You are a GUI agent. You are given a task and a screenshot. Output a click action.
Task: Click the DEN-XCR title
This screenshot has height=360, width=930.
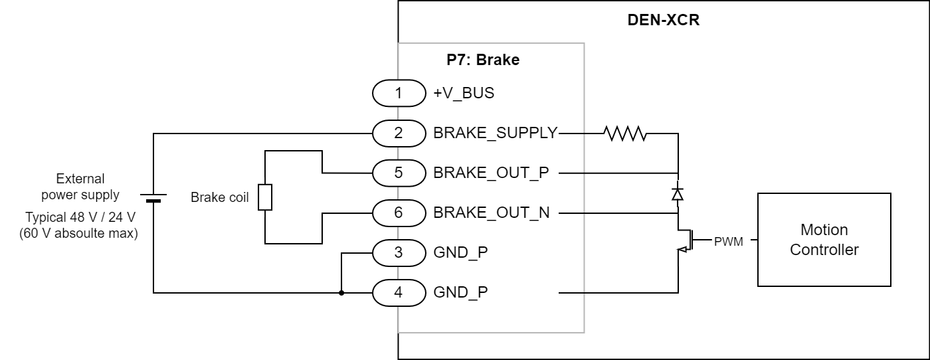pyautogui.click(x=663, y=19)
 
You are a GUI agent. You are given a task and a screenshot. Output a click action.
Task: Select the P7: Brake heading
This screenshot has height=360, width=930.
pyautogui.click(x=482, y=60)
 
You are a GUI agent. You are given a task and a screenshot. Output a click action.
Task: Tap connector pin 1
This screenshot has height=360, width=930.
pyautogui.click(x=399, y=93)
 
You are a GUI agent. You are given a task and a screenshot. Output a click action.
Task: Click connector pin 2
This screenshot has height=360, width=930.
pyautogui.click(x=399, y=133)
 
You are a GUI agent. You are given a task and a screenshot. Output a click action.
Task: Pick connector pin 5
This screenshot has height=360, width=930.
pyautogui.click(x=399, y=173)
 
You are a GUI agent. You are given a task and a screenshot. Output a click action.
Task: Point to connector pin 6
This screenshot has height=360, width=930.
pyautogui.click(x=399, y=213)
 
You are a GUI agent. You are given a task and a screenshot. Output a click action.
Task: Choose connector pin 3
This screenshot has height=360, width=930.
pyautogui.click(x=399, y=252)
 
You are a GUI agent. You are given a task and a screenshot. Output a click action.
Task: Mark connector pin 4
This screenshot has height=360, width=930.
pyautogui.click(x=399, y=292)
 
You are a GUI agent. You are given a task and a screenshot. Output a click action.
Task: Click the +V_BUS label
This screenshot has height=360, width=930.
pyautogui.click(x=464, y=93)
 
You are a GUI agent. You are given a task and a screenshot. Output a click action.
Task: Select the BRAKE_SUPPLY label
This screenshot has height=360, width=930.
pyautogui.click(x=495, y=133)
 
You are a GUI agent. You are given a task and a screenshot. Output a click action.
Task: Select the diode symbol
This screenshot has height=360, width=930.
pyautogui.click(x=678, y=193)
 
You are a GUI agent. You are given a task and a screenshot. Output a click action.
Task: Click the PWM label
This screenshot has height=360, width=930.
pyautogui.click(x=728, y=241)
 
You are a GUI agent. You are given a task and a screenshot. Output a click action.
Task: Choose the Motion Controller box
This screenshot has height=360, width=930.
pyautogui.click(x=824, y=240)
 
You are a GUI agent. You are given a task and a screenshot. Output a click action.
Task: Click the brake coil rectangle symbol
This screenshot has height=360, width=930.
pyautogui.click(x=265, y=197)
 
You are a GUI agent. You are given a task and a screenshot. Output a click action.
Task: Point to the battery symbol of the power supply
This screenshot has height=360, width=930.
pyautogui.click(x=153, y=197)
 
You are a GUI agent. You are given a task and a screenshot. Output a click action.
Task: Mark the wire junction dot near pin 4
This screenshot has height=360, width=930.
pyautogui.click(x=341, y=292)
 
